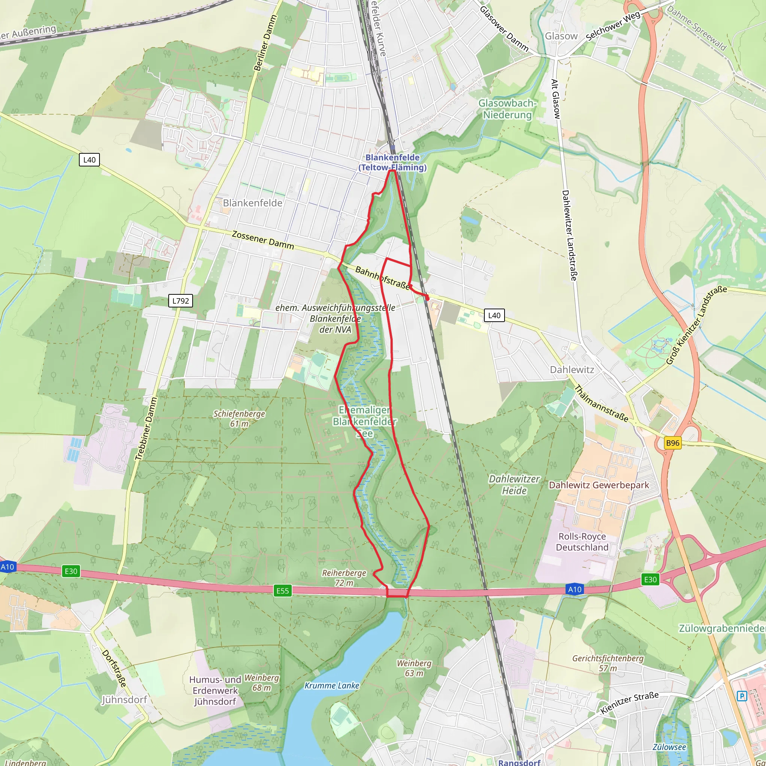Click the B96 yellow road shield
672,443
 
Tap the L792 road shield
181,301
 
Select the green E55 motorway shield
282,591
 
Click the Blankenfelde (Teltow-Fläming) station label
392,163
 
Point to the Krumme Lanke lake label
331,686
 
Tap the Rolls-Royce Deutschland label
582,542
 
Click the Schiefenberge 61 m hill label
239,418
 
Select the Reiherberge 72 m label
344,577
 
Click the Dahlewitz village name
572,370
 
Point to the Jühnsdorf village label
125,699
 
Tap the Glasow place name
561,36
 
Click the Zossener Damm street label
263,240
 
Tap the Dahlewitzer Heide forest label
514,484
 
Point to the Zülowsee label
669,747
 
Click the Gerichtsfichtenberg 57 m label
608,663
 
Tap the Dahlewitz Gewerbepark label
599,485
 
